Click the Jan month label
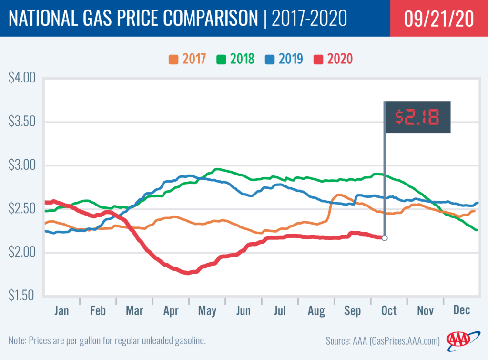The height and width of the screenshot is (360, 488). click(61, 310)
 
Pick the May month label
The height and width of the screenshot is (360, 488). click(207, 311)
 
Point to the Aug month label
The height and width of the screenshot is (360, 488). click(316, 311)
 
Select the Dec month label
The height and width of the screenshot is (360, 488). click(462, 310)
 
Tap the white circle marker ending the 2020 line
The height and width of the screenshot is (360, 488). click(385, 238)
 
